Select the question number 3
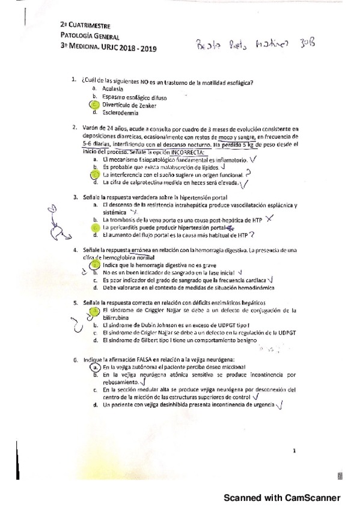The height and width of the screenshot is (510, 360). click(75, 197)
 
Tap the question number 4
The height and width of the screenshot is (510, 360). click(75, 250)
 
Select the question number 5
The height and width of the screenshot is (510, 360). click(75, 303)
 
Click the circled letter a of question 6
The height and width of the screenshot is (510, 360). click(95, 366)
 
